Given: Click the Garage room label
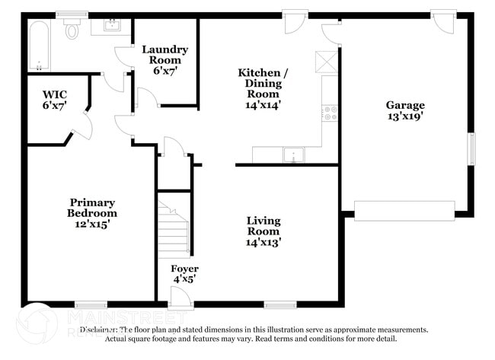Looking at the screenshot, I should [404, 111].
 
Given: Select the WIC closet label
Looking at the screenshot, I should [54, 100].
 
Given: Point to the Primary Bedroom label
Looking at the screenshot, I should [92, 213].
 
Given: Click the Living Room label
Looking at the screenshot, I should [263, 231].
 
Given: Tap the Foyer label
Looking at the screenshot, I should [184, 274].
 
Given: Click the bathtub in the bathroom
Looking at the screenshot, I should [38, 46].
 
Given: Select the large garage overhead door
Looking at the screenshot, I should [404, 211].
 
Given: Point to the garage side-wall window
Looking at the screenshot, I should [471, 149].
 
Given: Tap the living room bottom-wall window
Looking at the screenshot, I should [280, 304].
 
